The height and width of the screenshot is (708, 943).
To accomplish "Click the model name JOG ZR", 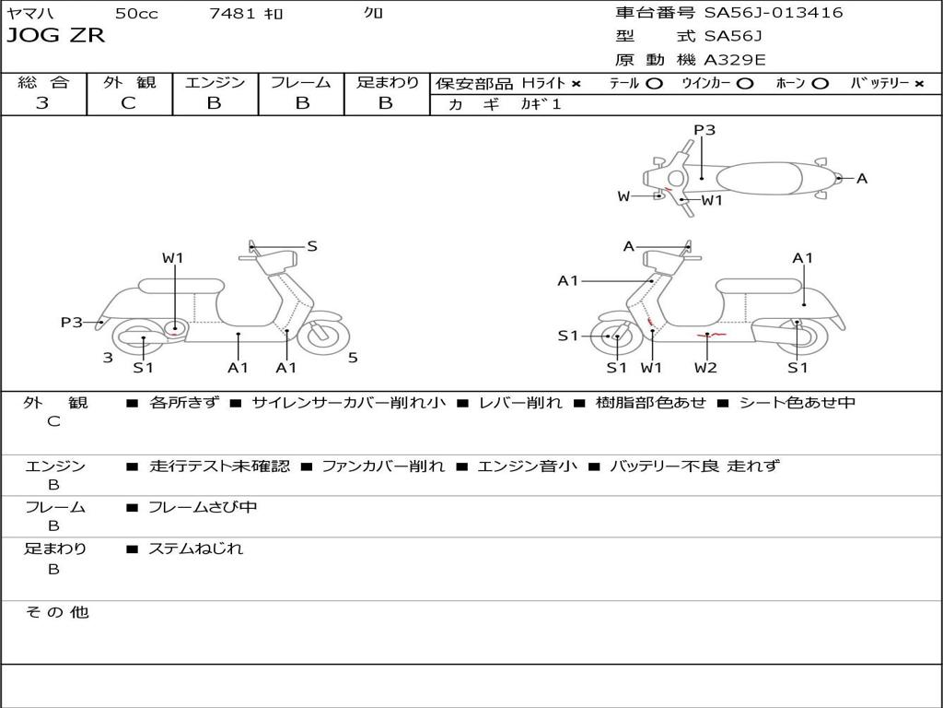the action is click(56, 36).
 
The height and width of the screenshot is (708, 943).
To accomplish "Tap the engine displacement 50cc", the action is click(135, 14).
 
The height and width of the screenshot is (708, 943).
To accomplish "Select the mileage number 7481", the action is click(232, 14).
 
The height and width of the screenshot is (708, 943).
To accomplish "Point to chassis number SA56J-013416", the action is click(774, 13).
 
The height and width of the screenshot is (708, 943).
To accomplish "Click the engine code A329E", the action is click(734, 60).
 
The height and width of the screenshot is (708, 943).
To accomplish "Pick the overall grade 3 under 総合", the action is click(42, 103).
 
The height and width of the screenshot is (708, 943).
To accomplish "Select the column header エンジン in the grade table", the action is click(215, 82).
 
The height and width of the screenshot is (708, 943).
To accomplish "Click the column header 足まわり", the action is click(387, 82).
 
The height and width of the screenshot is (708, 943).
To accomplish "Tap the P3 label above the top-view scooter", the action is click(704, 130).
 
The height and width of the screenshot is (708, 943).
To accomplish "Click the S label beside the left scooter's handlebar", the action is click(312, 246).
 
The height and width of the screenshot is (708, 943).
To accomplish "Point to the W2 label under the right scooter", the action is click(705, 368).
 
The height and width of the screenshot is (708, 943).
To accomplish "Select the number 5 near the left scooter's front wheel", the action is click(353, 358).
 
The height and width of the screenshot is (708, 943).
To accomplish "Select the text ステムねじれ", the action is click(195, 549).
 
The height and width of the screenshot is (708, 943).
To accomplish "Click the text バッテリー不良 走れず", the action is click(693, 466).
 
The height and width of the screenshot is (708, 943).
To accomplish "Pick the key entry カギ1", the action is click(541, 104).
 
